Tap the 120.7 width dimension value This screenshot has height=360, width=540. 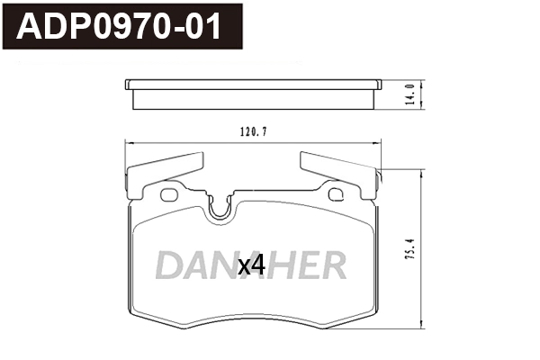[x=253, y=131]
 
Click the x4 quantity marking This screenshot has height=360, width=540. [x=249, y=265]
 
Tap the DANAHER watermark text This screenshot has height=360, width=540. [x=250, y=265]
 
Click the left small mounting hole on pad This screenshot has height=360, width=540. [x=167, y=194]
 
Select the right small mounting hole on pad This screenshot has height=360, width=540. [x=337, y=194]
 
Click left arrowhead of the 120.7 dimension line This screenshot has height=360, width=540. [x=127, y=143]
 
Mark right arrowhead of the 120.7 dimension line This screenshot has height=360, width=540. [x=378, y=143]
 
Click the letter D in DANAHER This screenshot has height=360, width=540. [x=170, y=265]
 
